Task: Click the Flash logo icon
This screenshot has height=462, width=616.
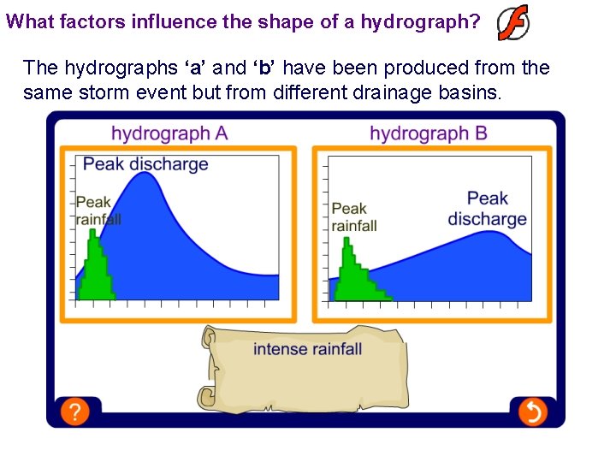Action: point(513,22)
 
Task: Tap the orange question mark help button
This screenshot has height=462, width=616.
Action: point(74,412)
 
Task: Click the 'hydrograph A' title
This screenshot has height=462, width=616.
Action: point(169,133)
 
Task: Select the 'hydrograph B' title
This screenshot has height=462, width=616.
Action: point(428,133)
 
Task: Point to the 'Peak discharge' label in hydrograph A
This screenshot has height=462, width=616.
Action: point(145,164)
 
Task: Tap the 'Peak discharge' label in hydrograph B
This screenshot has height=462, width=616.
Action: point(487,209)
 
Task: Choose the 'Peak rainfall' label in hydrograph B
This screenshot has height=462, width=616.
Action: point(353,217)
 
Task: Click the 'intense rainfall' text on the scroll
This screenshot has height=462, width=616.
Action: point(307,349)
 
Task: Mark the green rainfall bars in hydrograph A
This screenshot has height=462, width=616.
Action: point(95,274)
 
